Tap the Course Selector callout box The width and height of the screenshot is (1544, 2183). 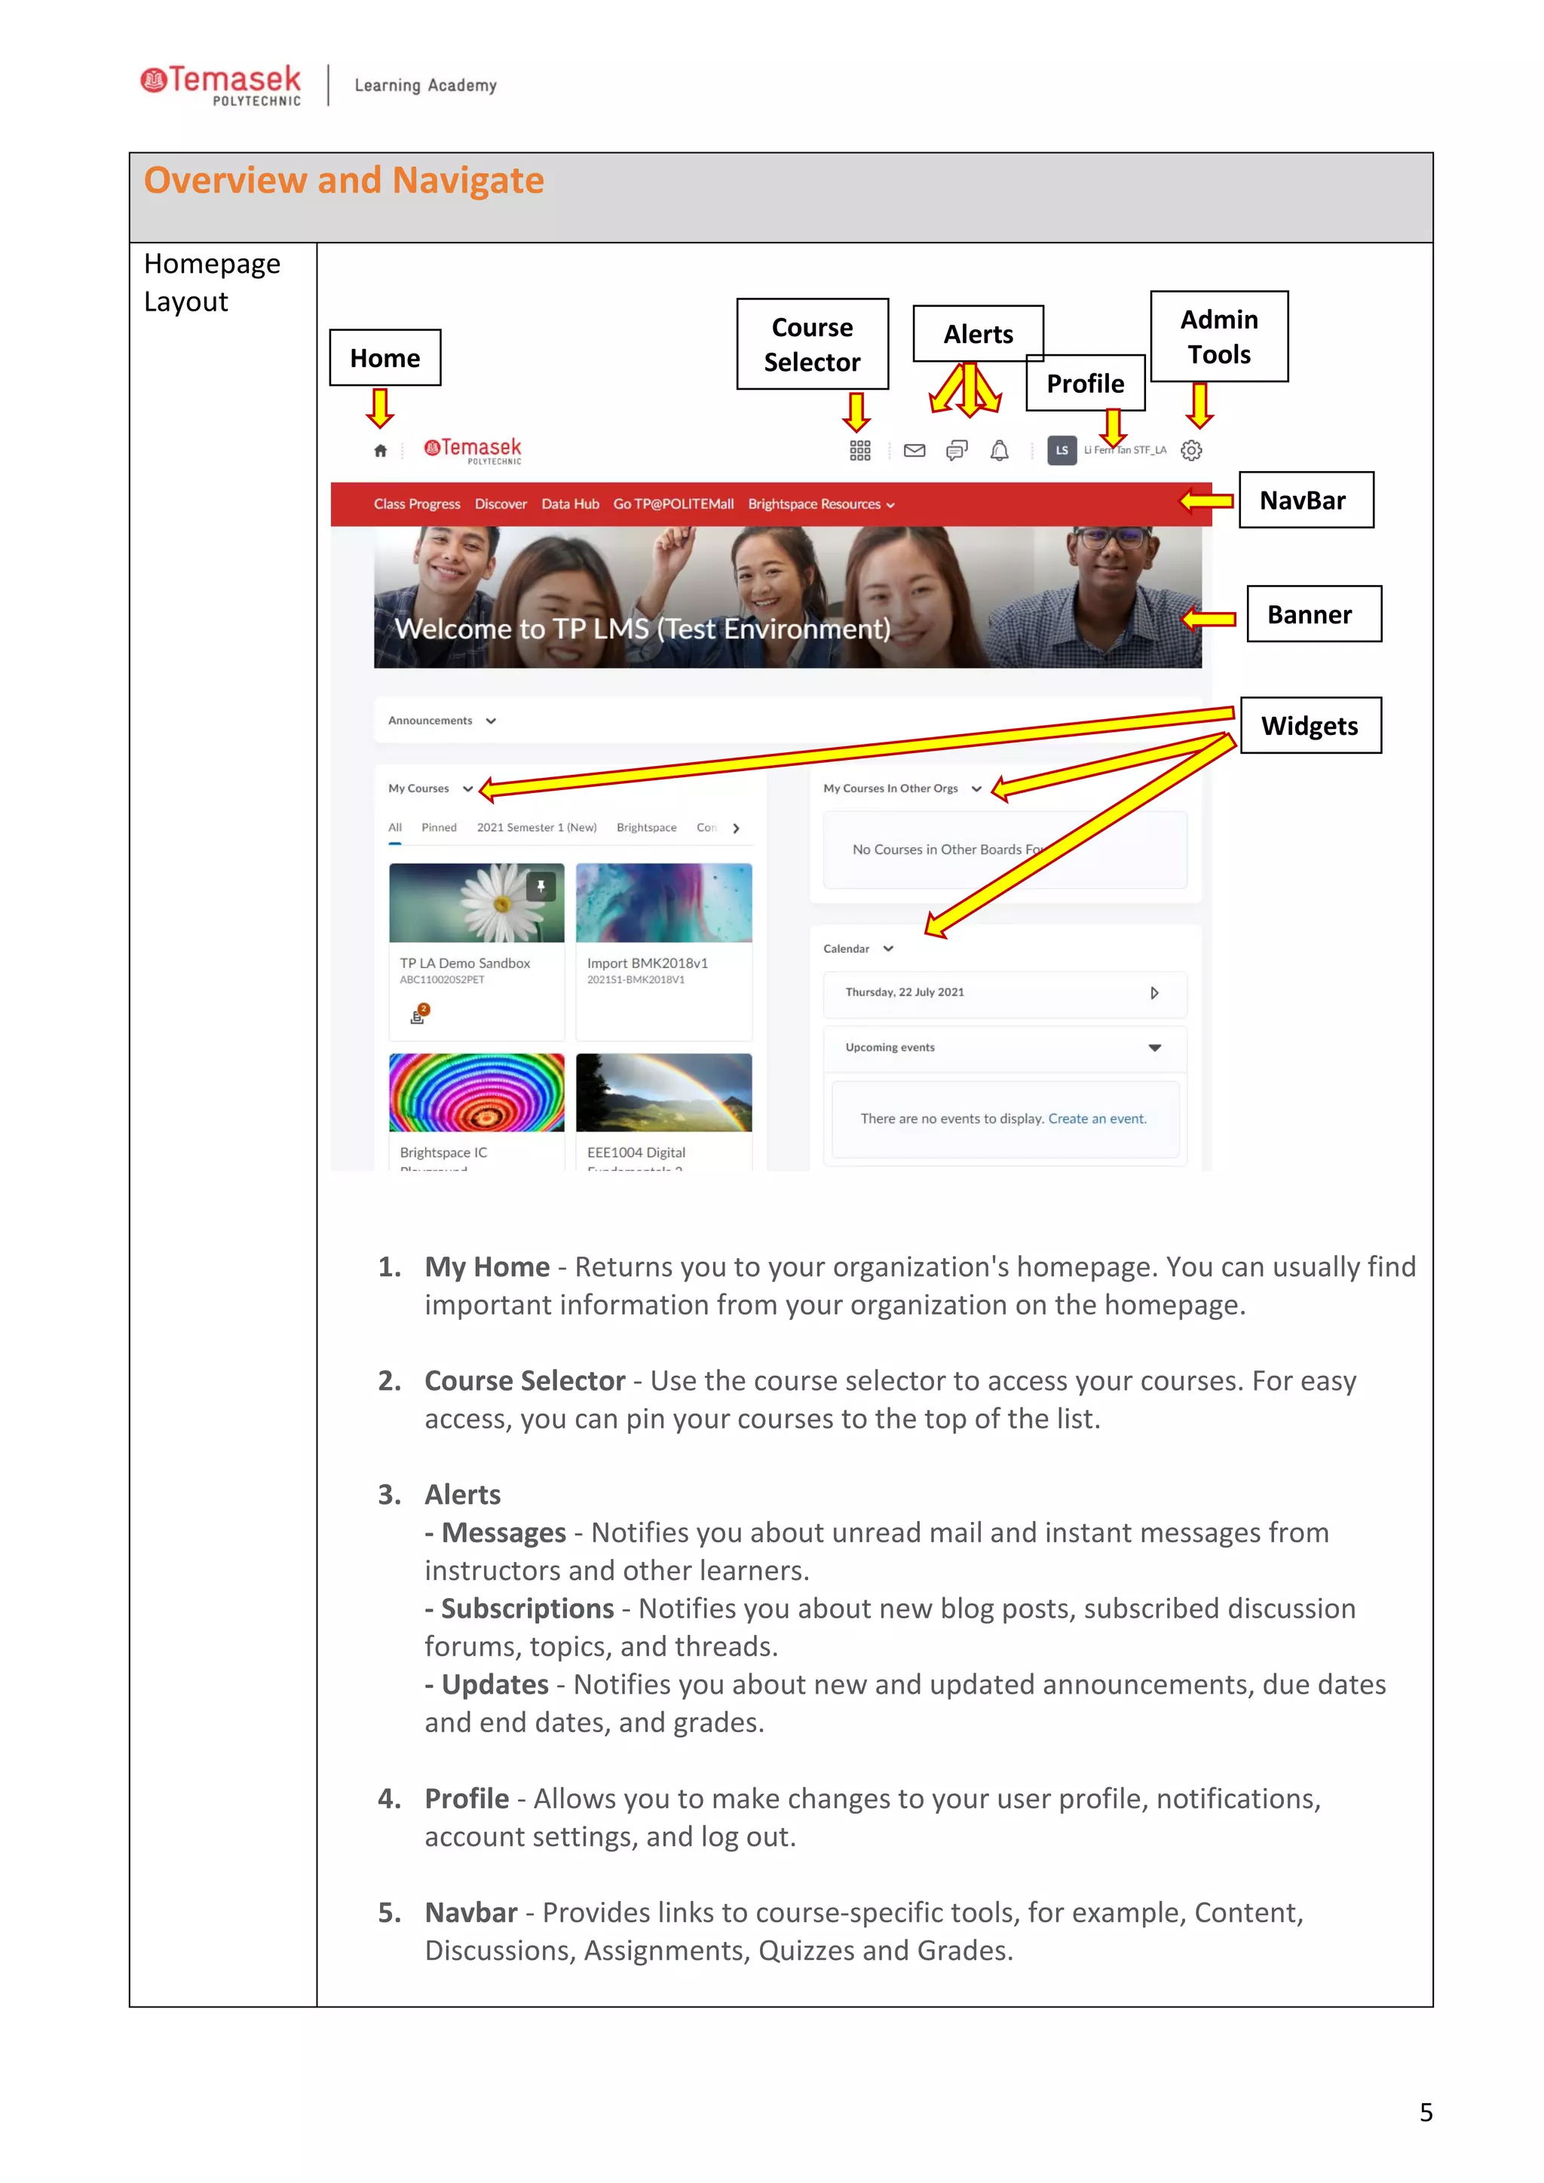tap(812, 344)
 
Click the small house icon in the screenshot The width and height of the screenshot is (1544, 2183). tap(380, 451)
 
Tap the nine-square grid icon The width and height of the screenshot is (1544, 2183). tap(859, 451)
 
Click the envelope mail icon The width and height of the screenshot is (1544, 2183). tap(914, 451)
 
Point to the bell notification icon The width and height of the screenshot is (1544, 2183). tap(999, 451)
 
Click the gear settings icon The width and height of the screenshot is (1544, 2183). tap(1190, 451)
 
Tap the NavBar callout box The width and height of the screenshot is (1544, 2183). tap(1305, 500)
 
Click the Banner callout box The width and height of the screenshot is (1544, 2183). tap(1313, 614)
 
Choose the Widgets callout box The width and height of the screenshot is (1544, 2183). tap(1310, 725)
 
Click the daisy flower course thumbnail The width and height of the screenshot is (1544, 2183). tap(476, 902)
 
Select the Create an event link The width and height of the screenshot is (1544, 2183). tap(1096, 1119)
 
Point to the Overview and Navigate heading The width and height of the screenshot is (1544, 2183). tap(345, 181)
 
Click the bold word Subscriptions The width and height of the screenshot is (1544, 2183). tap(527, 1609)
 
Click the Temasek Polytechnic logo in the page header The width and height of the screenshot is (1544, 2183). tap(222, 84)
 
